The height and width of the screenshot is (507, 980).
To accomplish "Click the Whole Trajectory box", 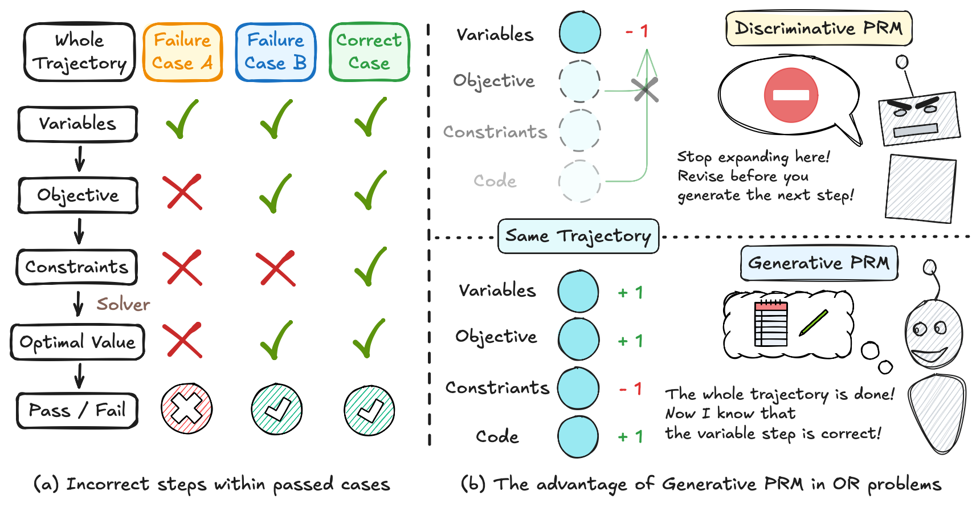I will [79, 52].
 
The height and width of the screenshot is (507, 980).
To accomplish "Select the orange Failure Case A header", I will [182, 52].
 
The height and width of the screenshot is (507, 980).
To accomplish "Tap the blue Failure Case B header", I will [276, 52].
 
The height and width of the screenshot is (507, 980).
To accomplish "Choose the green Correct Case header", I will [369, 52].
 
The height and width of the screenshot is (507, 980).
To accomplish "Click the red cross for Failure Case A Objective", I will [182, 192].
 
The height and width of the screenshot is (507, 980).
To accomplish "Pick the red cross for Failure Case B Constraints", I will [276, 268].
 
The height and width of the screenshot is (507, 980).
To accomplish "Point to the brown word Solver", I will [123, 304].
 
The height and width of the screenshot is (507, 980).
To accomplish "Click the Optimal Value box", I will [77, 342].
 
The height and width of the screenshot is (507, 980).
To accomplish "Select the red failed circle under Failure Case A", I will [186, 408].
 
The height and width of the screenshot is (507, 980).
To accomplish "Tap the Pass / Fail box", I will [77, 410].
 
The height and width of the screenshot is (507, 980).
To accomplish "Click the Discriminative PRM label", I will [819, 28].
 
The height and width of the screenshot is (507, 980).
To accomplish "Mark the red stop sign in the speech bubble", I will [791, 95].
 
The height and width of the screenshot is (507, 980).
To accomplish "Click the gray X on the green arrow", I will [645, 90].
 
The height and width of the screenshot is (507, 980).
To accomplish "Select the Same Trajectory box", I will [578, 236].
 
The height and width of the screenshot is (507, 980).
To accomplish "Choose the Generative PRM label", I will [819, 263].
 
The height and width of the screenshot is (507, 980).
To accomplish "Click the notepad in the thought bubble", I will [771, 323].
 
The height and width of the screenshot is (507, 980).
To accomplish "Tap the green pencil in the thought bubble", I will [814, 322].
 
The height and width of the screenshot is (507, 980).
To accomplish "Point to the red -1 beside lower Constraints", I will [631, 389].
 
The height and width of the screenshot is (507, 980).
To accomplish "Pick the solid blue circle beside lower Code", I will [578, 437].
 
